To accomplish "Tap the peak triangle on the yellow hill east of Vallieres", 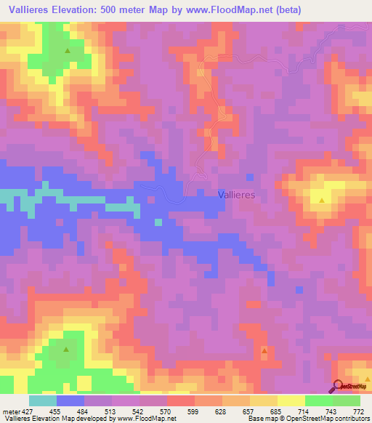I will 321,198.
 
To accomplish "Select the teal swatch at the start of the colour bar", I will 42,400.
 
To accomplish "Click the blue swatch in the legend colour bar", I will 70,400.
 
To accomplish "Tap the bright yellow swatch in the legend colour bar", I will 291,400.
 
